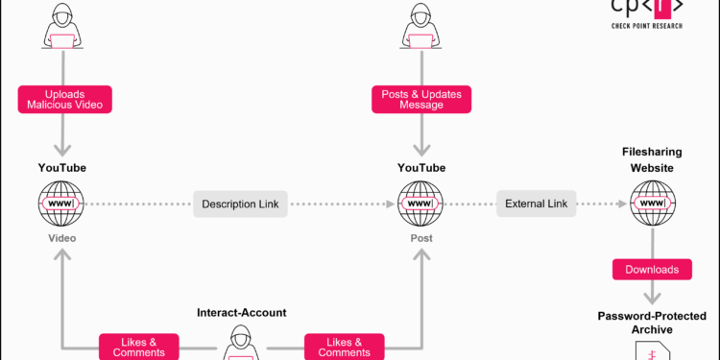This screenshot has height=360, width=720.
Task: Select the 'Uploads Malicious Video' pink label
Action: tap(62, 98)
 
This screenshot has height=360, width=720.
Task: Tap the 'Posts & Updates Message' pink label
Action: tap(421, 98)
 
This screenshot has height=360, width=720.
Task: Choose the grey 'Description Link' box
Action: tap(240, 204)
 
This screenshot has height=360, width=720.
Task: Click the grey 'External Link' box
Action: tap(536, 204)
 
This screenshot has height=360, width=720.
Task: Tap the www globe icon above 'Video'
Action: tap(62, 204)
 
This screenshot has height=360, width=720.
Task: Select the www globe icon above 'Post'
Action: tap(421, 204)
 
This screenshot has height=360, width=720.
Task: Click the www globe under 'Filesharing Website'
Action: tap(651, 204)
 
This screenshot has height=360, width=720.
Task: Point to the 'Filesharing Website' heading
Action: tap(651, 159)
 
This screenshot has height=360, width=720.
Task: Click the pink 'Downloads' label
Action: tap(651, 270)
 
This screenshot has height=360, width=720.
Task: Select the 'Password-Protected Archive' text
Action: tap(651, 323)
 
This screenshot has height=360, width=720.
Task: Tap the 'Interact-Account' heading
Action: tap(241, 313)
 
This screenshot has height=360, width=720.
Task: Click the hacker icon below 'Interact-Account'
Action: tap(241, 344)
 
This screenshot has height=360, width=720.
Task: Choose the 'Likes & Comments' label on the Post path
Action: tap(344, 347)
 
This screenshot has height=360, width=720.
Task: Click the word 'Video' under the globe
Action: tap(62, 237)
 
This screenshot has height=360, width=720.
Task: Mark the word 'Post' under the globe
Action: tap(421, 237)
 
